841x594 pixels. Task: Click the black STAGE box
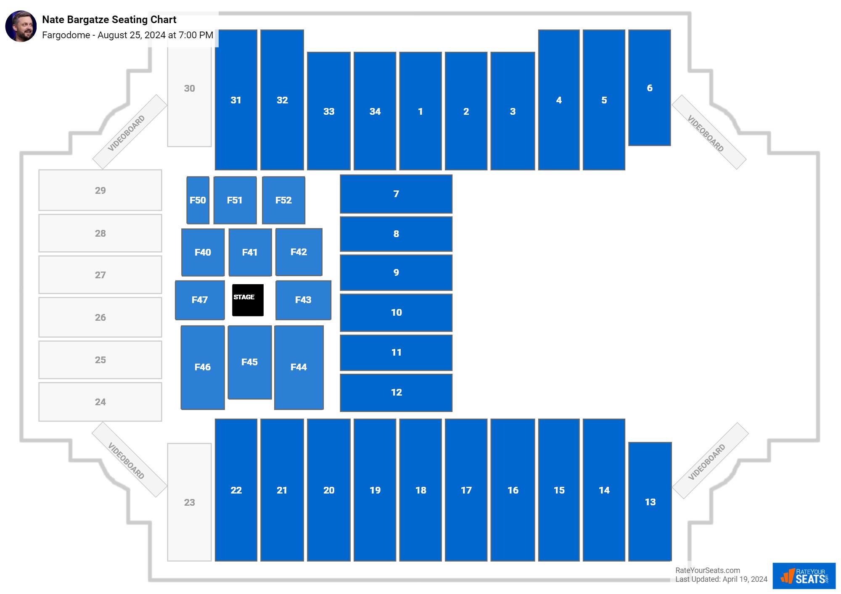tap(248, 300)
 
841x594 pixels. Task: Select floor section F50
tap(198, 200)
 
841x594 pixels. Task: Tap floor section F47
tap(200, 300)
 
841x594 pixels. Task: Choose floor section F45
tap(250, 362)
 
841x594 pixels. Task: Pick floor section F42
tap(299, 252)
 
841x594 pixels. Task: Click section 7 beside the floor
tap(396, 194)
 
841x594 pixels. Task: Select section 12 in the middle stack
tap(396, 392)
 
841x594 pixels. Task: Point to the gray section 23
tap(189, 502)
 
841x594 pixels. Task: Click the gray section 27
tap(100, 275)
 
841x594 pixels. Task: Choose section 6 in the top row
tap(649, 88)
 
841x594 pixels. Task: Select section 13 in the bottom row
tap(650, 502)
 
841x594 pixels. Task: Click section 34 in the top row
tap(375, 111)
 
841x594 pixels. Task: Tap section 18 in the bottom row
tap(420, 490)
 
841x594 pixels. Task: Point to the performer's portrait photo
tap(21, 26)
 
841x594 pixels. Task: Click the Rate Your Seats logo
tap(804, 576)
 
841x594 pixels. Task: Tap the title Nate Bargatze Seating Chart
tap(109, 20)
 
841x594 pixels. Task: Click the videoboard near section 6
tap(709, 132)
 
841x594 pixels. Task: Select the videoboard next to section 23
tap(129, 460)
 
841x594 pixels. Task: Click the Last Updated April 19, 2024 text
tap(721, 579)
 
